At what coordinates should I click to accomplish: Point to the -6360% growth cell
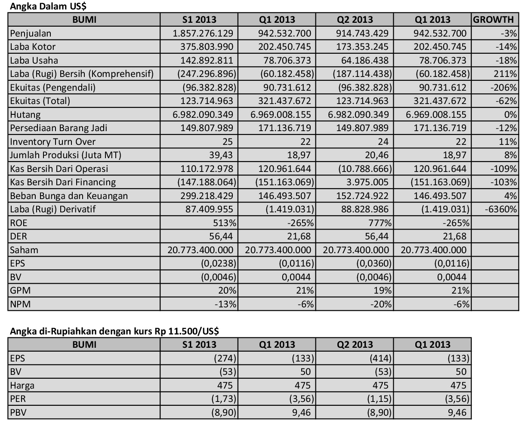[500, 209]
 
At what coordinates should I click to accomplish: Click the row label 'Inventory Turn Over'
[53, 141]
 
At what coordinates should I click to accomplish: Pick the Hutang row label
[25, 114]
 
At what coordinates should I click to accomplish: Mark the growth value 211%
[507, 74]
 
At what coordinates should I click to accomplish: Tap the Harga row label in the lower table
[22, 386]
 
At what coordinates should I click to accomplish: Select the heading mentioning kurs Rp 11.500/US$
[114, 331]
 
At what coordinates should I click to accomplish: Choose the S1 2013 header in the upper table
[199, 19]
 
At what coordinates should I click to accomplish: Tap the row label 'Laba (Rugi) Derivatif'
[53, 209]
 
